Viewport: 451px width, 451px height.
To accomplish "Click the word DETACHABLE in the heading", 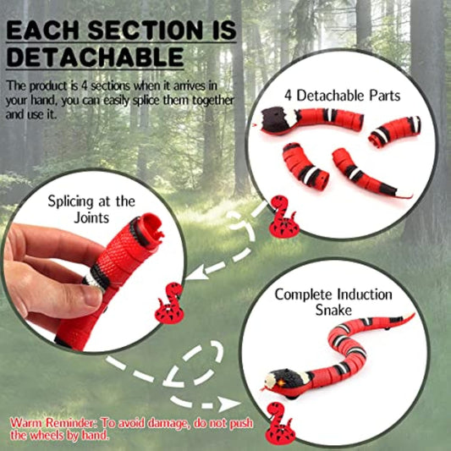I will click(x=95, y=57).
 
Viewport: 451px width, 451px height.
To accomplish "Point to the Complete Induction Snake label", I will click(x=333, y=302).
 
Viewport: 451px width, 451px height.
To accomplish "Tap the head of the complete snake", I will click(x=283, y=381).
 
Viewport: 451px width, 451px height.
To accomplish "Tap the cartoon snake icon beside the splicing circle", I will click(x=168, y=303).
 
